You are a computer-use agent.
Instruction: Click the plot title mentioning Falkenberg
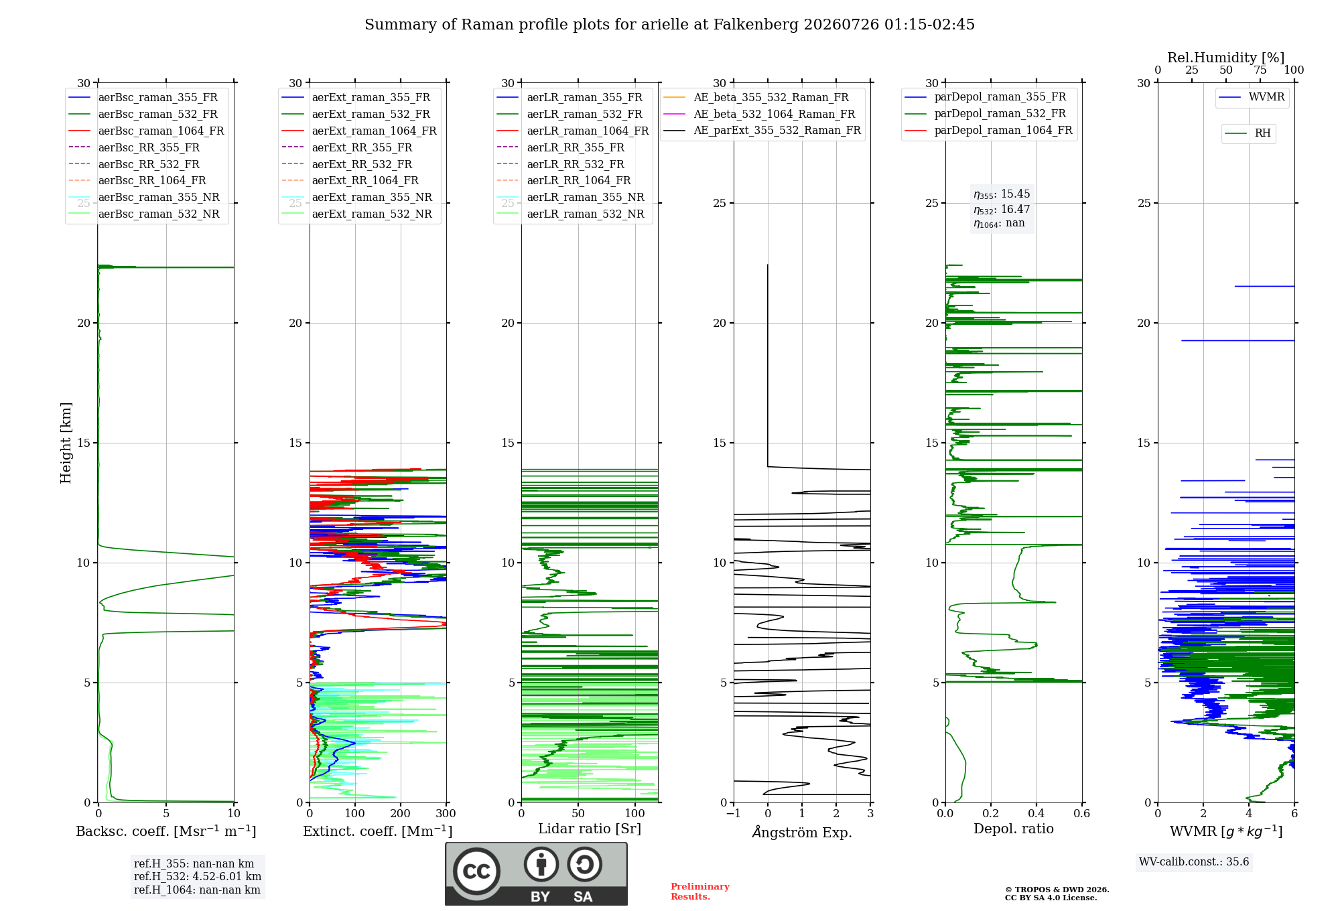click(669, 25)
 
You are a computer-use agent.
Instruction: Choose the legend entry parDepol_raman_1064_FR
click(988, 130)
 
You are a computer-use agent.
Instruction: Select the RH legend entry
click(1248, 133)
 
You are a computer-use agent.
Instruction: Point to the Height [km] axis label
click(66, 443)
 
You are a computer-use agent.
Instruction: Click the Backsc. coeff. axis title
click(166, 831)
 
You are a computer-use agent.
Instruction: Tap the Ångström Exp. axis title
click(802, 832)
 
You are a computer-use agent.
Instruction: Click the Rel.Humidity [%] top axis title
click(1226, 58)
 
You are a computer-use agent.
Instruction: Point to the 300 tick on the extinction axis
click(446, 813)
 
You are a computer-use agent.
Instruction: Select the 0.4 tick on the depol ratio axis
click(1036, 813)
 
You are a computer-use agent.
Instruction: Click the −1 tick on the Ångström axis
click(734, 813)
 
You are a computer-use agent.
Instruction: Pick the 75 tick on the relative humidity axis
click(1260, 70)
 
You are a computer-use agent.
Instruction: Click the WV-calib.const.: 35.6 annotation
click(1194, 861)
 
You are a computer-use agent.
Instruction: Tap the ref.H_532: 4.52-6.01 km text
click(198, 876)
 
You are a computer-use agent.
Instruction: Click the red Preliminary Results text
click(700, 892)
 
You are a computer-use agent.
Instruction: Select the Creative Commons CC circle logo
click(476, 871)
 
